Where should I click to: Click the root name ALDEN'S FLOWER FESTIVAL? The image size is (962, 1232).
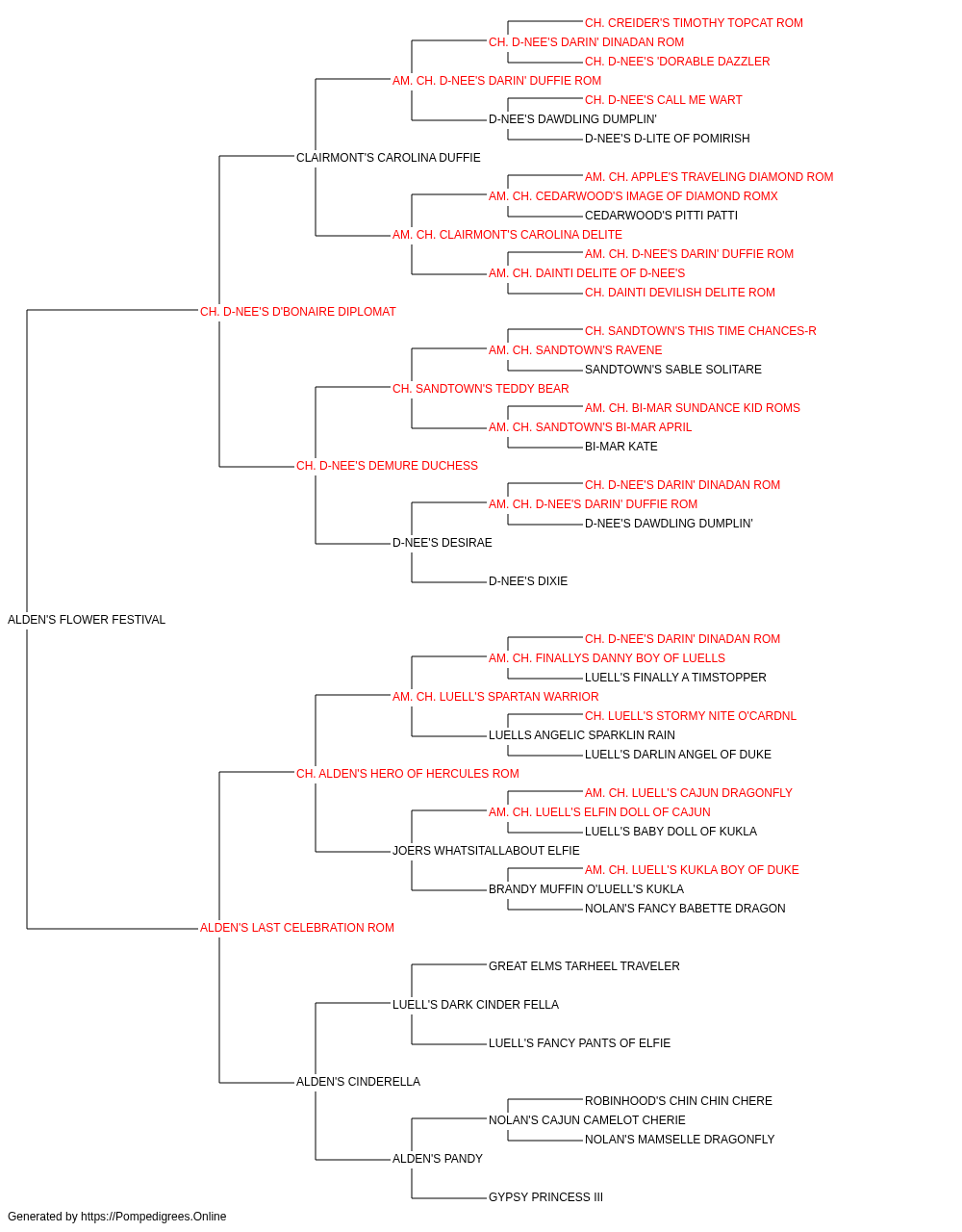pyautogui.click(x=87, y=620)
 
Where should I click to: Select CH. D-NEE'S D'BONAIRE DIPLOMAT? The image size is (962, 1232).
pyautogui.click(x=297, y=312)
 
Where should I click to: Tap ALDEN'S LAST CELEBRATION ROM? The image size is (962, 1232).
pyautogui.click(x=297, y=928)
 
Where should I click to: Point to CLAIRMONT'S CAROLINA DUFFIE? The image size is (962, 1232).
pyautogui.click(x=388, y=158)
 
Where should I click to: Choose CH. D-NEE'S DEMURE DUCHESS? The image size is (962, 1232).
pyautogui.click(x=387, y=466)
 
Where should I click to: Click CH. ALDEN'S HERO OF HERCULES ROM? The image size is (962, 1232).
pyautogui.click(x=407, y=773)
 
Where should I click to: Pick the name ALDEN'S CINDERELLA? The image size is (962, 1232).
pyautogui.click(x=358, y=1081)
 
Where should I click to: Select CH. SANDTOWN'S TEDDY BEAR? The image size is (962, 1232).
pyautogui.click(x=480, y=388)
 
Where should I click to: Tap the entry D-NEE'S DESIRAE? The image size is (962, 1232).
pyautogui.click(x=442, y=543)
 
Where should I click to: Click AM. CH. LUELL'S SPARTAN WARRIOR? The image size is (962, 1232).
pyautogui.click(x=495, y=696)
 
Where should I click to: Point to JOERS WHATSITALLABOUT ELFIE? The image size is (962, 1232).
pyautogui.click(x=486, y=851)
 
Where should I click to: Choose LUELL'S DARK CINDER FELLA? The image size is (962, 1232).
pyautogui.click(x=475, y=1004)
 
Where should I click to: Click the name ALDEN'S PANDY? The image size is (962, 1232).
pyautogui.click(x=438, y=1158)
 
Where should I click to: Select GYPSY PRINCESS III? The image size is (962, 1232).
pyautogui.click(x=545, y=1196)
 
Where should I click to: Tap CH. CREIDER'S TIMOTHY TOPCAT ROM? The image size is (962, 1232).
pyautogui.click(x=694, y=23)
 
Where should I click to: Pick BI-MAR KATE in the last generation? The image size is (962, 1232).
pyautogui.click(x=620, y=447)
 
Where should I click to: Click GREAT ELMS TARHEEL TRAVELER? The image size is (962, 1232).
pyautogui.click(x=584, y=965)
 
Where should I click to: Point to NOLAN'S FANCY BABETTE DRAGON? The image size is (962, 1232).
pyautogui.click(x=685, y=909)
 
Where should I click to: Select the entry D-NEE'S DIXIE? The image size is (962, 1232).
pyautogui.click(x=528, y=581)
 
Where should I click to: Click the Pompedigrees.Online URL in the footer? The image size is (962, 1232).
pyautogui.click(x=153, y=1217)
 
